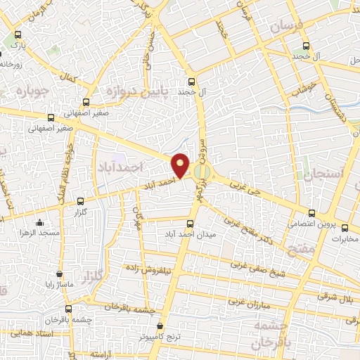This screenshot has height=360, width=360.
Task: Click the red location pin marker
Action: (181, 165)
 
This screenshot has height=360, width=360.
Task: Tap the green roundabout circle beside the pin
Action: (202, 171)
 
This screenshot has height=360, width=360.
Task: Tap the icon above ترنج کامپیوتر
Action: (161, 326)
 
